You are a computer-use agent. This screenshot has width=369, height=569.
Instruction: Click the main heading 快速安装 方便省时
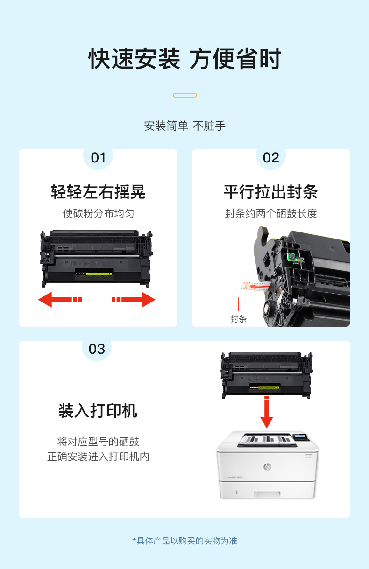[x=185, y=59]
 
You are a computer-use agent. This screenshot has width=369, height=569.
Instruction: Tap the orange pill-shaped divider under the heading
[x=185, y=95]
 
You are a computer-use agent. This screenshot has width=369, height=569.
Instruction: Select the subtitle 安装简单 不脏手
[x=185, y=126]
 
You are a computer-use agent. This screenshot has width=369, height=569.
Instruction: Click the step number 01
[x=98, y=158]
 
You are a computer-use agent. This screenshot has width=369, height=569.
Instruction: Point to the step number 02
[x=271, y=158]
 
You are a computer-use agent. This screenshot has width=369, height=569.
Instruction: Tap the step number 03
[x=97, y=349]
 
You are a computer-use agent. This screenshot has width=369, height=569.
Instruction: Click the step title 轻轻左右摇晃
[x=98, y=192]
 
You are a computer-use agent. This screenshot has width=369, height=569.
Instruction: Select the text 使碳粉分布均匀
[x=99, y=213]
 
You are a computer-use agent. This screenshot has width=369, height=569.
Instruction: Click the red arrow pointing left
[x=60, y=300]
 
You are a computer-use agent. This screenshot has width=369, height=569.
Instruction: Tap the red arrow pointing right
[x=134, y=300]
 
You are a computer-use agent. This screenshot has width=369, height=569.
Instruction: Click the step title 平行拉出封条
[x=271, y=192]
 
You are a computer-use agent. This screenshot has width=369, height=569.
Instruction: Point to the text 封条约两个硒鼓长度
[x=271, y=213]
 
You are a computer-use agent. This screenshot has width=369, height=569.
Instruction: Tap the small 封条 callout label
[x=238, y=319]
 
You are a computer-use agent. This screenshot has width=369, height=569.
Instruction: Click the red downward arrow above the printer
[x=267, y=412]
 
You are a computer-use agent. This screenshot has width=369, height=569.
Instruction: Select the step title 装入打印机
[x=98, y=410]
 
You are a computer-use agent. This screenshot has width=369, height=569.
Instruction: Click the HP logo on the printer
[x=267, y=467]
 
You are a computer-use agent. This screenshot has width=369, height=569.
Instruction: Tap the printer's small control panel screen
[x=300, y=436]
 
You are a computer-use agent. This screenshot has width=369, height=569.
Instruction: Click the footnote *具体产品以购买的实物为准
[x=185, y=541]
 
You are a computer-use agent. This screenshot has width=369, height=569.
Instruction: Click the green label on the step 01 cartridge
[x=99, y=274]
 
